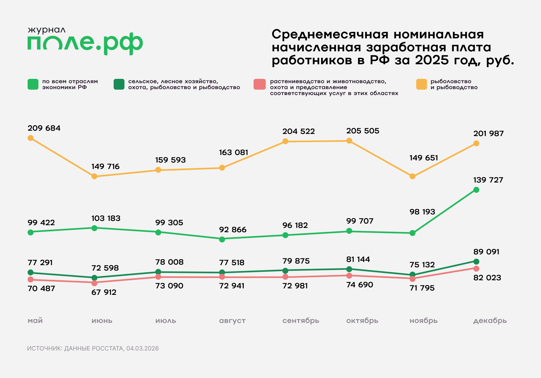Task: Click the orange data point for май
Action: click(x=31, y=138)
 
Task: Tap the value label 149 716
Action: click(x=105, y=167)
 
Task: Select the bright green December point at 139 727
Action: click(x=476, y=190)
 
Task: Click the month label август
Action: click(x=232, y=320)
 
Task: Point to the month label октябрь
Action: click(x=362, y=320)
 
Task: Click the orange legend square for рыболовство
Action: click(x=421, y=84)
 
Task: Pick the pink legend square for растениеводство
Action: click(x=259, y=84)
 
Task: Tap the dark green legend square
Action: click(x=119, y=84)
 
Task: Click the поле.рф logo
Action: click(x=85, y=43)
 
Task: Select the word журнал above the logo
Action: click(x=47, y=30)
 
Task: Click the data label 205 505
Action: click(x=362, y=131)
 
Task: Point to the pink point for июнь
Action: click(x=94, y=283)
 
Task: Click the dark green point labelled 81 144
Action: click(x=349, y=269)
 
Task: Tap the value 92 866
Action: click(x=233, y=230)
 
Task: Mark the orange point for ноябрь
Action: click(x=413, y=176)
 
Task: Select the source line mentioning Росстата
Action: click(x=93, y=348)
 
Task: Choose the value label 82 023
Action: click(x=487, y=278)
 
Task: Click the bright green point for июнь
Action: click(x=94, y=228)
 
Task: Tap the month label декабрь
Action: click(x=490, y=320)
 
